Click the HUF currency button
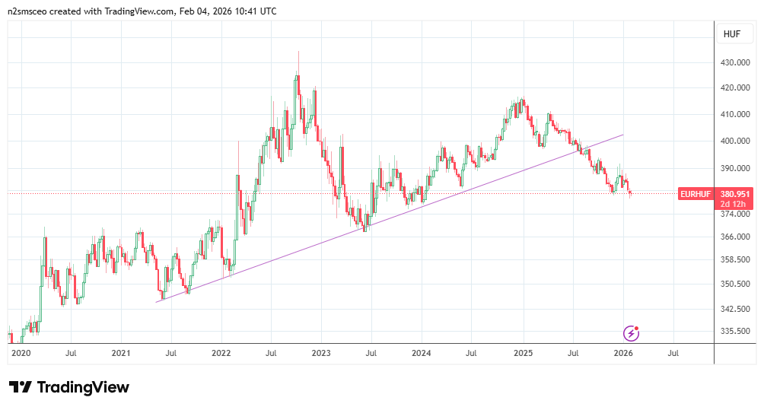pyautogui.click(x=731, y=34)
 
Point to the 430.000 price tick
pyautogui.click(x=737, y=63)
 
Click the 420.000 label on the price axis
pyautogui.click(x=737, y=88)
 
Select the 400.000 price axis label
pyautogui.click(x=737, y=141)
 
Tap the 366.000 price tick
pyautogui.click(x=737, y=237)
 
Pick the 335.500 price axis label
pyautogui.click(x=737, y=332)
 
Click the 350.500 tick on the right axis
pyautogui.click(x=737, y=284)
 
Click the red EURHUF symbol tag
pyautogui.click(x=696, y=194)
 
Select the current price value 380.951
pyautogui.click(x=735, y=194)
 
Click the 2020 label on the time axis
pyautogui.click(x=21, y=354)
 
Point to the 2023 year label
pyautogui.click(x=321, y=354)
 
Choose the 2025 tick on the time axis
pyautogui.click(x=522, y=354)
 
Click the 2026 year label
pyautogui.click(x=622, y=354)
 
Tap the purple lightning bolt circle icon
pyautogui.click(x=631, y=332)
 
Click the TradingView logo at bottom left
pyautogui.click(x=68, y=387)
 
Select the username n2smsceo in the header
pyautogui.click(x=30, y=11)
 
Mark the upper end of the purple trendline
pyautogui.click(x=623, y=135)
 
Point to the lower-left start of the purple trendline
pyautogui.click(x=156, y=302)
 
